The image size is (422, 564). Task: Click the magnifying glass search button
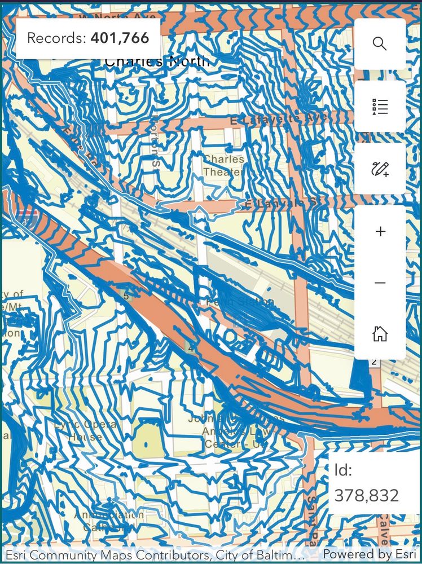pos(380,44)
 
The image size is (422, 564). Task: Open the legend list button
pos(380,106)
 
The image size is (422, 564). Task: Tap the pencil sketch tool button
pos(380,169)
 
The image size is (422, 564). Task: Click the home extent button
pos(380,334)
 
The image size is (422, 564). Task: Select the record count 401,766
pos(120,38)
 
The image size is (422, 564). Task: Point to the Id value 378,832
pos(367,495)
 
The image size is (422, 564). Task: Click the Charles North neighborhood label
pos(157,61)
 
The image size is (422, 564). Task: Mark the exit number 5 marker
pos(126,295)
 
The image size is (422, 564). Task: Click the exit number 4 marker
pos(191,348)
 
